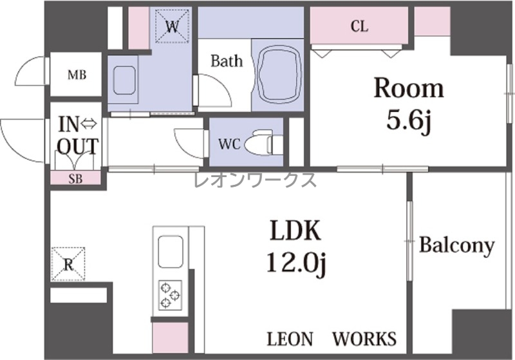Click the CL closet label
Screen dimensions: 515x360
[359, 26]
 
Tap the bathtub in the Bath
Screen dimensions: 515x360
[279, 75]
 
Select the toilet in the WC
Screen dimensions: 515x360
[262, 142]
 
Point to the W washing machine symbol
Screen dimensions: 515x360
[172, 26]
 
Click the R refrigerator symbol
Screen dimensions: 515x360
[68, 264]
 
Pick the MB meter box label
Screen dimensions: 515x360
[77, 75]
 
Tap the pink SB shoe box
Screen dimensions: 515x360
[75, 178]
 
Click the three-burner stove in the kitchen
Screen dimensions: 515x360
[170, 295]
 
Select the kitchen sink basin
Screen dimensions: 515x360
[170, 252]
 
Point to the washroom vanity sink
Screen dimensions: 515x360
[124, 81]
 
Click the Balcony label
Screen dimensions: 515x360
[456, 245]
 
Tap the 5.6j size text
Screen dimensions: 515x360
[409, 120]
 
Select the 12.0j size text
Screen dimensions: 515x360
[295, 263]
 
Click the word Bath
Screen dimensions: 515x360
[227, 61]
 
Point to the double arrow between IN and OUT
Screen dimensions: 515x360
[88, 124]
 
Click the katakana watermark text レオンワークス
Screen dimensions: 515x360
[255, 180]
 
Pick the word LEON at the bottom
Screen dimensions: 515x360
[290, 339]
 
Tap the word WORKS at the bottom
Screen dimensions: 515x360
[364, 339]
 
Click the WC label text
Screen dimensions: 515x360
[230, 144]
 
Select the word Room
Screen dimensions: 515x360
[409, 88]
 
